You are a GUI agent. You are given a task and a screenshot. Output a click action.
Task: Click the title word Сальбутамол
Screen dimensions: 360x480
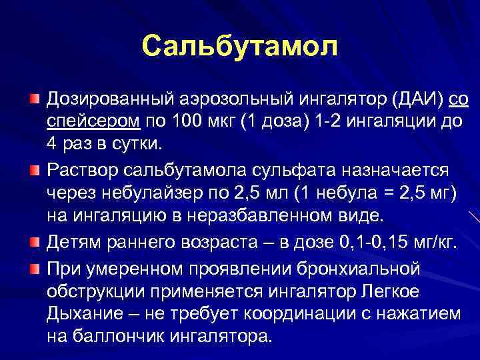[240, 46]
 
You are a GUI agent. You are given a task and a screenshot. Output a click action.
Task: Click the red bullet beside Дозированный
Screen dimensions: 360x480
[33, 100]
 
